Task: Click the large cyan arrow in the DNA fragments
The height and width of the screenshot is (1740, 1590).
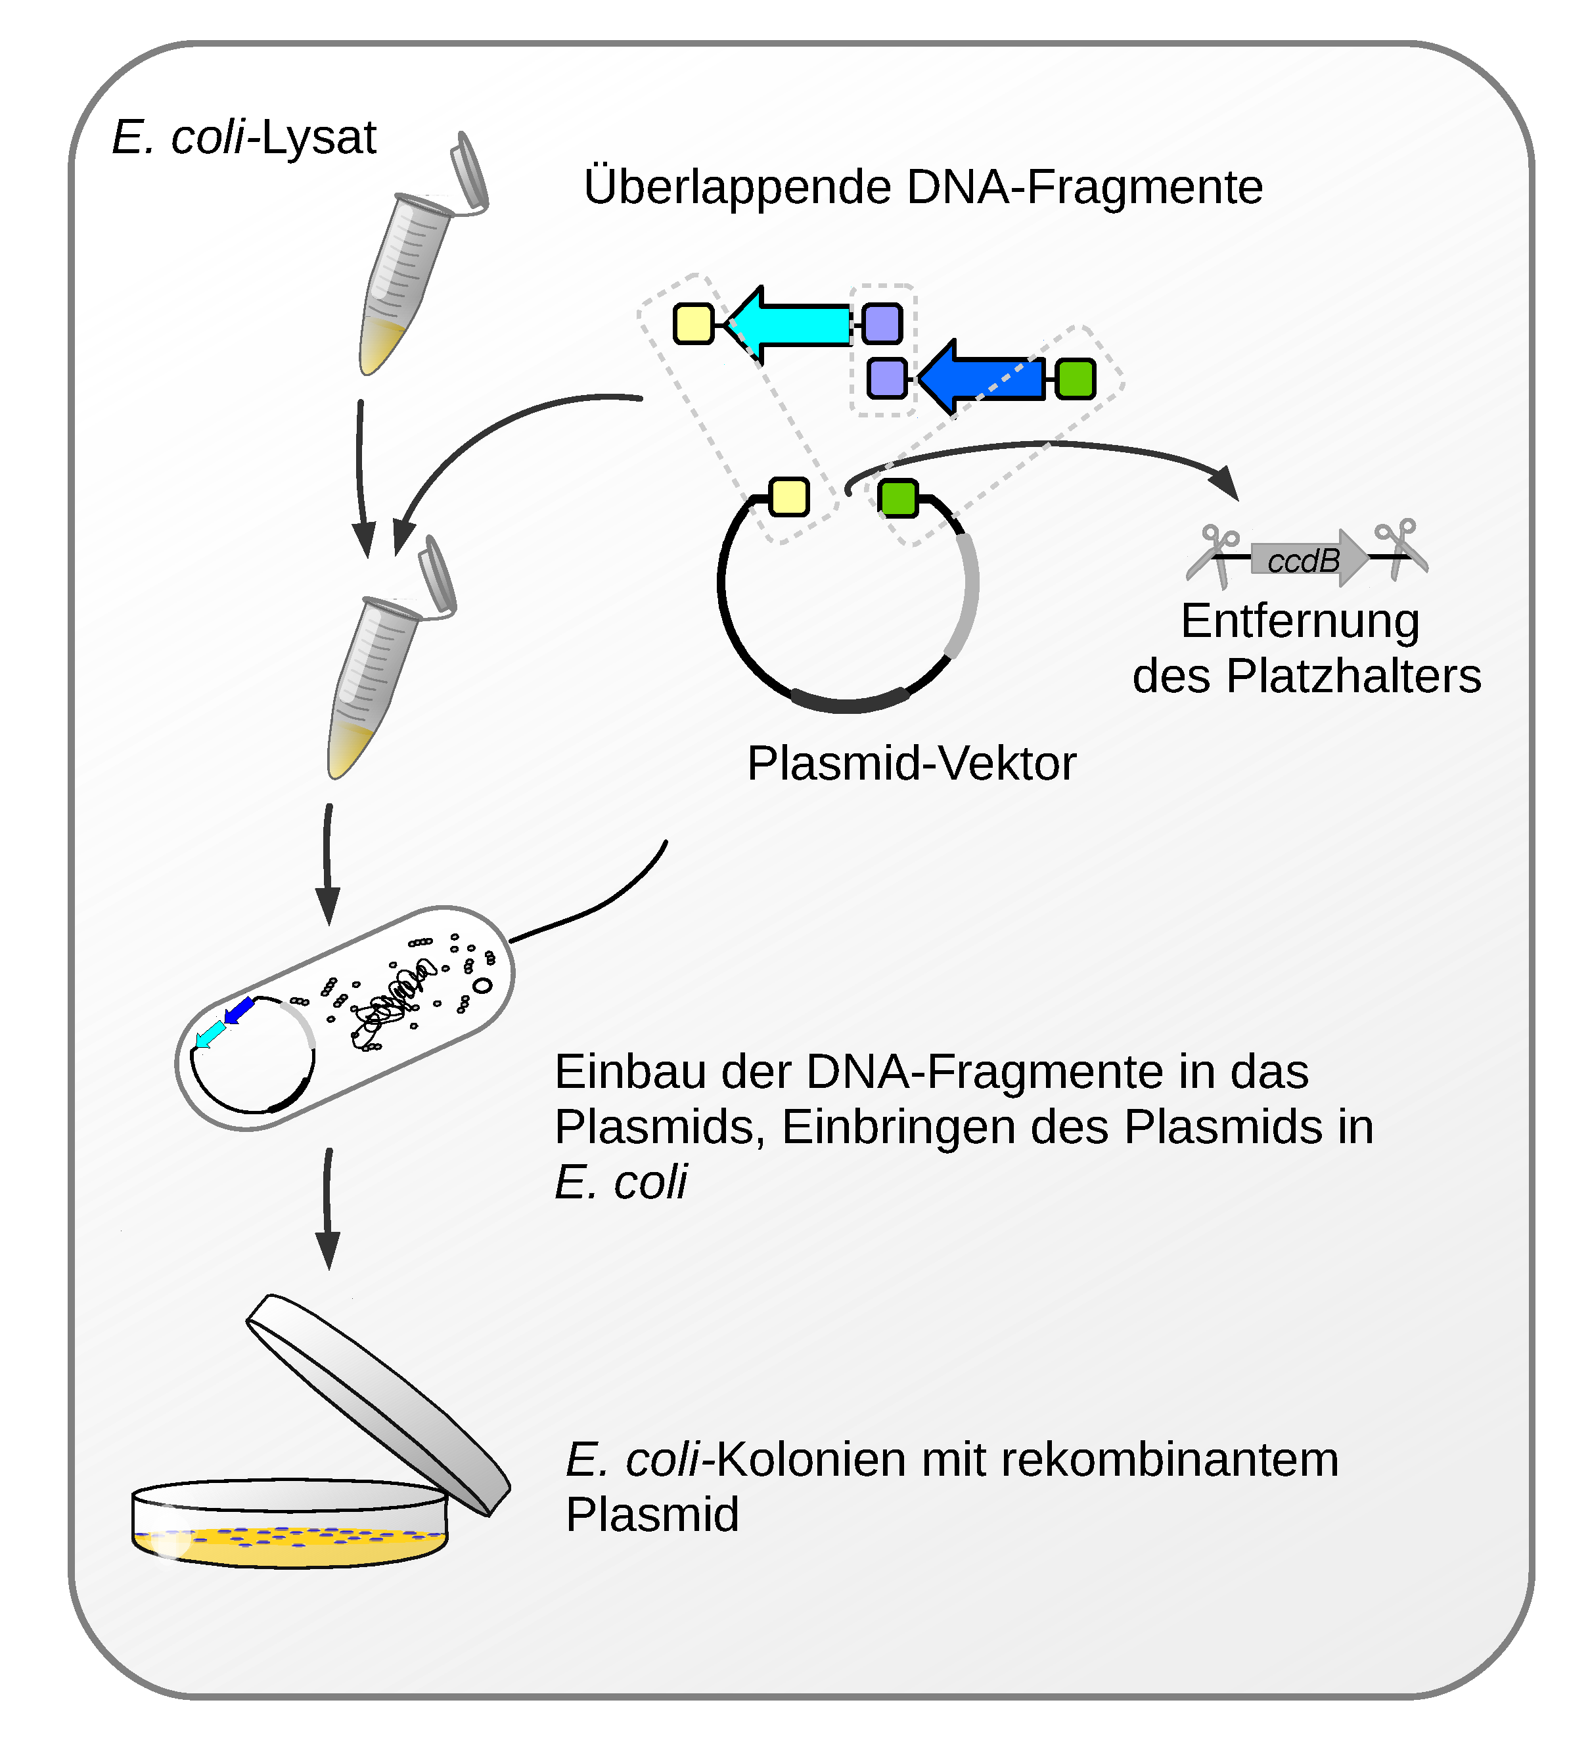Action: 789,325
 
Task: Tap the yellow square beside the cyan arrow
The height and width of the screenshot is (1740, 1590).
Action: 693,325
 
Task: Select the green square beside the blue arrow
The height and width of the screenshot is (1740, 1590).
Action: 1075,379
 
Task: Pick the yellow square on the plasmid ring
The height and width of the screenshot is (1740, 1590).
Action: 788,497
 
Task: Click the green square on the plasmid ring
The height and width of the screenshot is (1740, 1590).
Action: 898,498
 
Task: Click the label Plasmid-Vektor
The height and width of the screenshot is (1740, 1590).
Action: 911,764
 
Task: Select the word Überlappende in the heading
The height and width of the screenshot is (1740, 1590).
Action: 738,187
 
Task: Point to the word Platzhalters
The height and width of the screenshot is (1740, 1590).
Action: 1353,676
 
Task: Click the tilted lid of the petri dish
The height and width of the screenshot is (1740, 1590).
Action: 380,1403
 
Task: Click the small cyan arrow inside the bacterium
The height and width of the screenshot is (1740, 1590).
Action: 209,1033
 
